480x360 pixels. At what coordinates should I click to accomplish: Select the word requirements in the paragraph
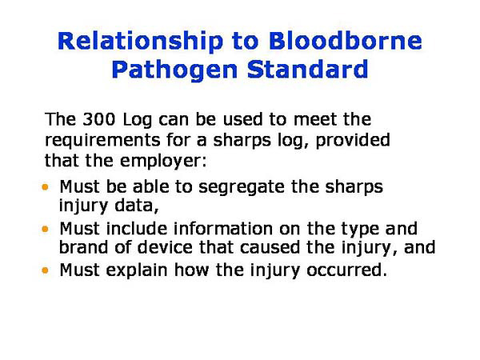(100, 141)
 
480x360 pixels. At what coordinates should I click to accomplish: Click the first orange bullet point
(46, 188)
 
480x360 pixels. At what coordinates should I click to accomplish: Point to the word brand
(85, 248)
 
